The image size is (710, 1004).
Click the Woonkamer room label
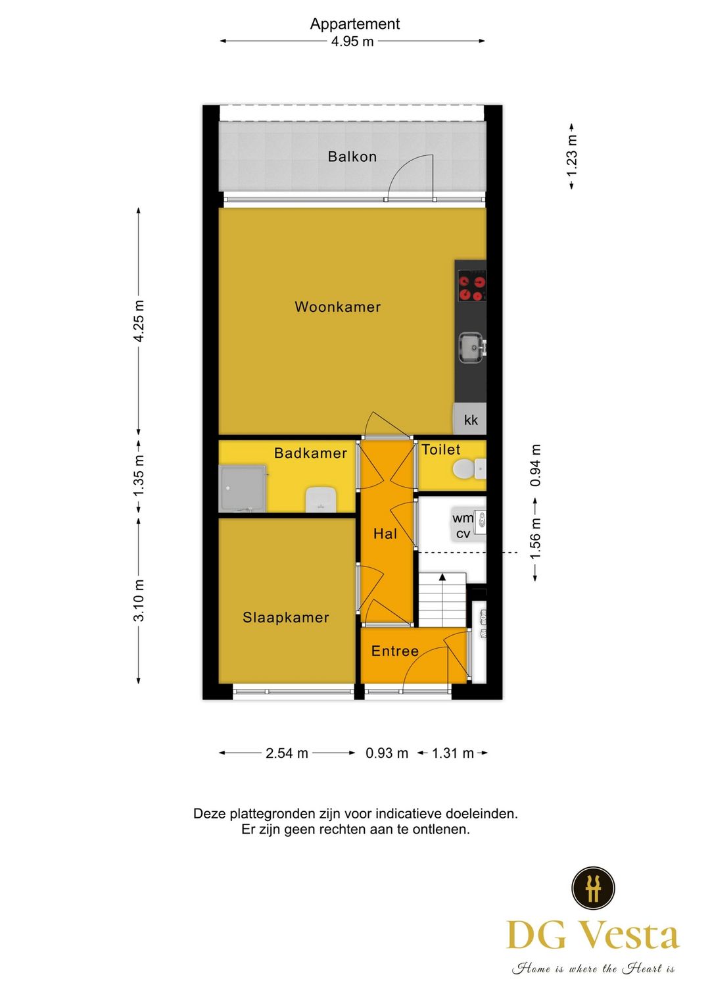tap(337, 307)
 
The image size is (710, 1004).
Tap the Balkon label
tap(352, 157)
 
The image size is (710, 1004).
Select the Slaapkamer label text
tap(286, 618)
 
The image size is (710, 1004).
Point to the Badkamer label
tap(310, 453)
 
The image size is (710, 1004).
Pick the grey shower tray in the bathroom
tap(243, 489)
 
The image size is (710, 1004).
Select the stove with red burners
tap(472, 288)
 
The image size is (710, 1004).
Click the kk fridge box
tap(470, 420)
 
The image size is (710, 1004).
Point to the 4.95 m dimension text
tap(352, 41)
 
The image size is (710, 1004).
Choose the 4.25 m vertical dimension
tap(139, 321)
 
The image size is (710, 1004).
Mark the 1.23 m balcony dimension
tap(571, 157)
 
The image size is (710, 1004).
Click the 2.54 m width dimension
tap(287, 753)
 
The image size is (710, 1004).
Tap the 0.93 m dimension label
tap(387, 753)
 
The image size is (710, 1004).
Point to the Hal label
tap(385, 534)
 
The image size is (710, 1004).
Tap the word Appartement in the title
tap(355, 24)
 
